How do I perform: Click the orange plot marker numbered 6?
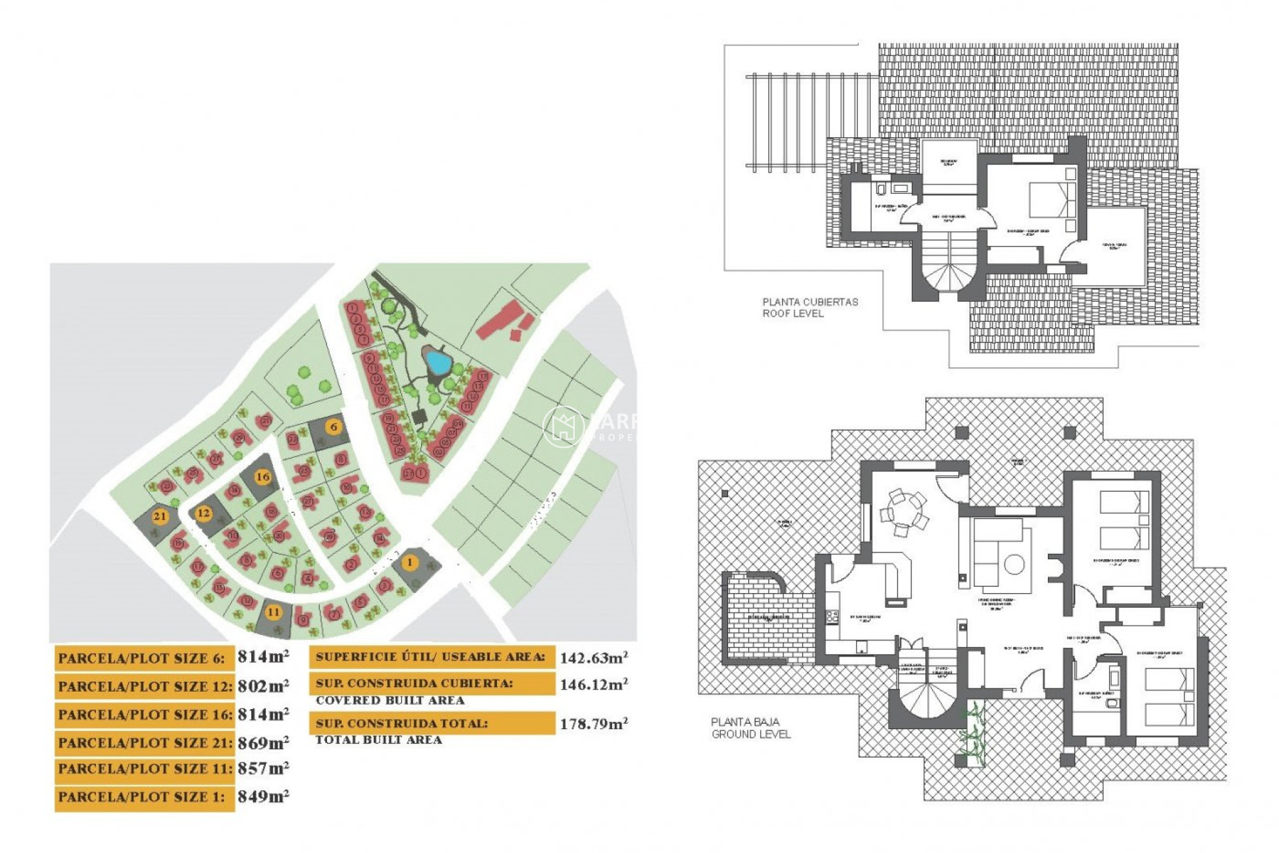coord(334,427)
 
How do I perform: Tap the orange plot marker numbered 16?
coord(263,476)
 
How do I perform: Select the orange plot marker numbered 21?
coord(160,516)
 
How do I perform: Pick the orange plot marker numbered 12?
coord(203,513)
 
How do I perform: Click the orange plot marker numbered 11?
coord(273,612)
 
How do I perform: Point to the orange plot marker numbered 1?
coord(410,562)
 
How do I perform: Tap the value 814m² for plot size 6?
coord(263,657)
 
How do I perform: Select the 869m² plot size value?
coord(263,742)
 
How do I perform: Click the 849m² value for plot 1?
coord(263,797)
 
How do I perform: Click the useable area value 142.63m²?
coord(594,658)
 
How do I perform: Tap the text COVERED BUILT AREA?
coord(390,700)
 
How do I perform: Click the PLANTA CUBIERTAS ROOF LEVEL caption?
coord(810,307)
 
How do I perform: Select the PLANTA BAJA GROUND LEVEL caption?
coord(751,728)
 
